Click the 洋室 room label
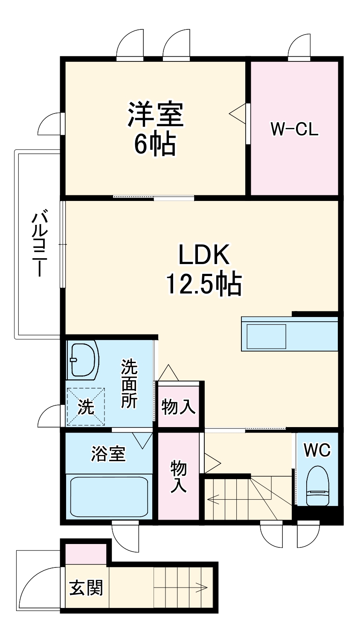point(155,114)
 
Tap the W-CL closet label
point(294,129)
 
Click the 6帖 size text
point(154,145)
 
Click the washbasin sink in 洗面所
point(83,359)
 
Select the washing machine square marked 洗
point(86,407)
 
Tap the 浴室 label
point(108,453)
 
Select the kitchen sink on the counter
point(264,337)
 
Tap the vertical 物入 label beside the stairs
point(178,477)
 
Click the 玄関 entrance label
point(86,588)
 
